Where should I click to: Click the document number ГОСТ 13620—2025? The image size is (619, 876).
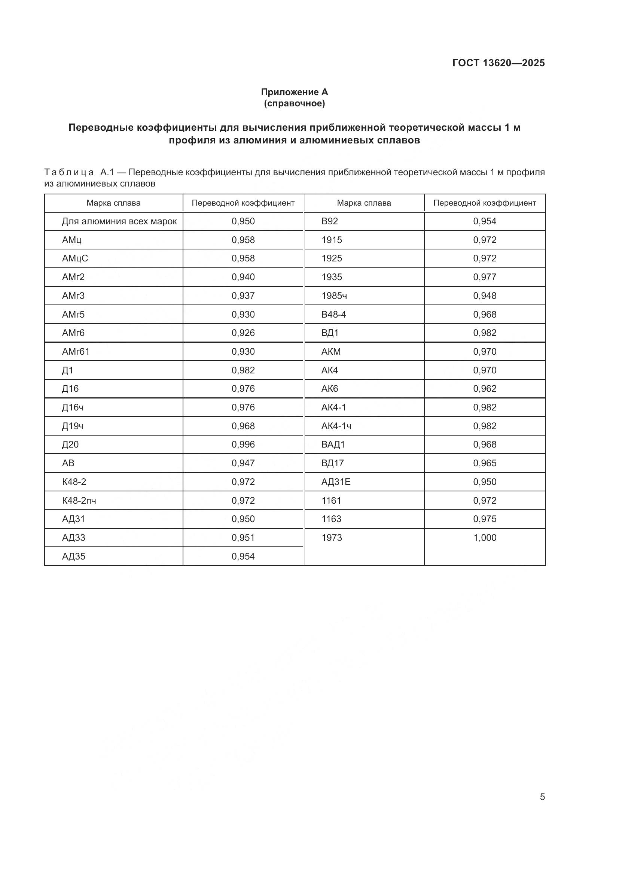pyautogui.click(x=498, y=63)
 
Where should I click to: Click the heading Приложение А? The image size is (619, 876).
pyautogui.click(x=294, y=92)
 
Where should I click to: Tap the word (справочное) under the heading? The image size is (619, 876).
pyautogui.click(x=294, y=103)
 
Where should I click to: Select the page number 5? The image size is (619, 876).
pyautogui.click(x=542, y=797)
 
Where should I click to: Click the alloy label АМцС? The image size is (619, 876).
pyautogui.click(x=75, y=258)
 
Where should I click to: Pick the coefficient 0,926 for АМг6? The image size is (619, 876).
pyautogui.click(x=243, y=333)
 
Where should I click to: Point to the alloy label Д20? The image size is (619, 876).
pyautogui.click(x=70, y=444)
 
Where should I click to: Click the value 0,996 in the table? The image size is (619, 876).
pyautogui.click(x=243, y=444)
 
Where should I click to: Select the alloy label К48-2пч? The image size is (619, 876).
pyautogui.click(x=79, y=500)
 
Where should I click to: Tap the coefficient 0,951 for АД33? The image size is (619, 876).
pyautogui.click(x=243, y=537)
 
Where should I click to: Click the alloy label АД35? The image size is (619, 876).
pyautogui.click(x=74, y=556)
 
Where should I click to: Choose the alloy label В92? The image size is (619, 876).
pyautogui.click(x=330, y=221)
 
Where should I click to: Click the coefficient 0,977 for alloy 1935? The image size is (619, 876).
pyautogui.click(x=485, y=277)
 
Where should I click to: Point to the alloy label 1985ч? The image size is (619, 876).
pyautogui.click(x=334, y=296)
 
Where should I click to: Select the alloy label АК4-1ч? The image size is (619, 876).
pyautogui.click(x=336, y=426)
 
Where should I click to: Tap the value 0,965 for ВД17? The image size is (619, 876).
pyautogui.click(x=485, y=463)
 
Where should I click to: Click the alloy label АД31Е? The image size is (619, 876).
pyautogui.click(x=336, y=482)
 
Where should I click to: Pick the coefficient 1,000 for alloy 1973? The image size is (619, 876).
pyautogui.click(x=485, y=537)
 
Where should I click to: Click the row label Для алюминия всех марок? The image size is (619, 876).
pyautogui.click(x=119, y=221)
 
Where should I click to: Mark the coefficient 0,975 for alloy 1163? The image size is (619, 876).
pyautogui.click(x=485, y=519)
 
